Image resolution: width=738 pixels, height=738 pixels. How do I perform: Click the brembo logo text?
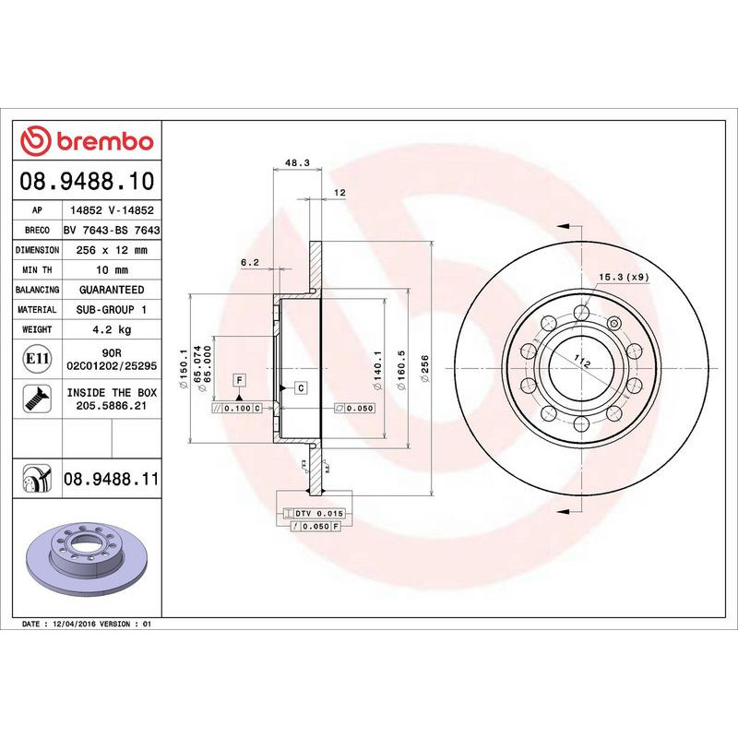click(100, 142)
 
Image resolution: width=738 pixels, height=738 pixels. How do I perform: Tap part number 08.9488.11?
click(112, 478)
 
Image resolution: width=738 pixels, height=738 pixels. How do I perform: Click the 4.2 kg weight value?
click(112, 329)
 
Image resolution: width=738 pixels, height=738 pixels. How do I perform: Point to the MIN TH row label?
click(38, 270)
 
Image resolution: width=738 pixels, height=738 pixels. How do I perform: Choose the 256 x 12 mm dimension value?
click(112, 250)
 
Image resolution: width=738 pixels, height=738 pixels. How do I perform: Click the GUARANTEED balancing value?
click(112, 290)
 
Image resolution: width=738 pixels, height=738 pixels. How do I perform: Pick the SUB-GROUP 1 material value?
click(112, 310)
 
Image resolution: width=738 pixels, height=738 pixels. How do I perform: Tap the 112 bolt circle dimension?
click(582, 361)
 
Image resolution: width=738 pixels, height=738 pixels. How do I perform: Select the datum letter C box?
click(301, 388)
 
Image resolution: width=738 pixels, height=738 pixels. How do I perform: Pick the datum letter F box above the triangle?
click(238, 380)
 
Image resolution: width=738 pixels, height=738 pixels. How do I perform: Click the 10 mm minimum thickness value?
click(112, 270)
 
